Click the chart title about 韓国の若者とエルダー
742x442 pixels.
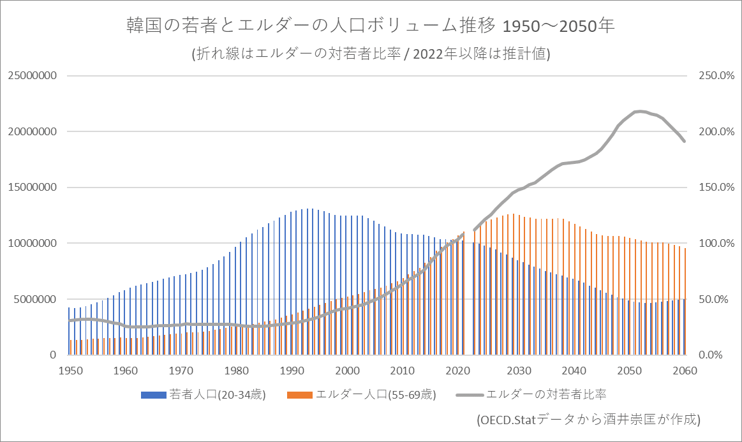[x=370, y=27]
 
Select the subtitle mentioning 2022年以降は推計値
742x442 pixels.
[x=370, y=55]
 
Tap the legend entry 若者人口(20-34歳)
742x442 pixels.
[x=203, y=394]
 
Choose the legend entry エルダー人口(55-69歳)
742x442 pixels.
[x=362, y=394]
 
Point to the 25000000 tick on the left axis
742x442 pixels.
[x=33, y=76]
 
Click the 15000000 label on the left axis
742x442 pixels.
[x=33, y=188]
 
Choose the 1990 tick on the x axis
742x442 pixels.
[x=292, y=370]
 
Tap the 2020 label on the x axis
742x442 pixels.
[x=458, y=370]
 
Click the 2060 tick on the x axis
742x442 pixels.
[x=685, y=370]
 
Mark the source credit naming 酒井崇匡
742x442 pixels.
[x=589, y=420]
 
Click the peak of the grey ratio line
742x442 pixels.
[x=640, y=111]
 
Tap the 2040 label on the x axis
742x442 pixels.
[x=574, y=370]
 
